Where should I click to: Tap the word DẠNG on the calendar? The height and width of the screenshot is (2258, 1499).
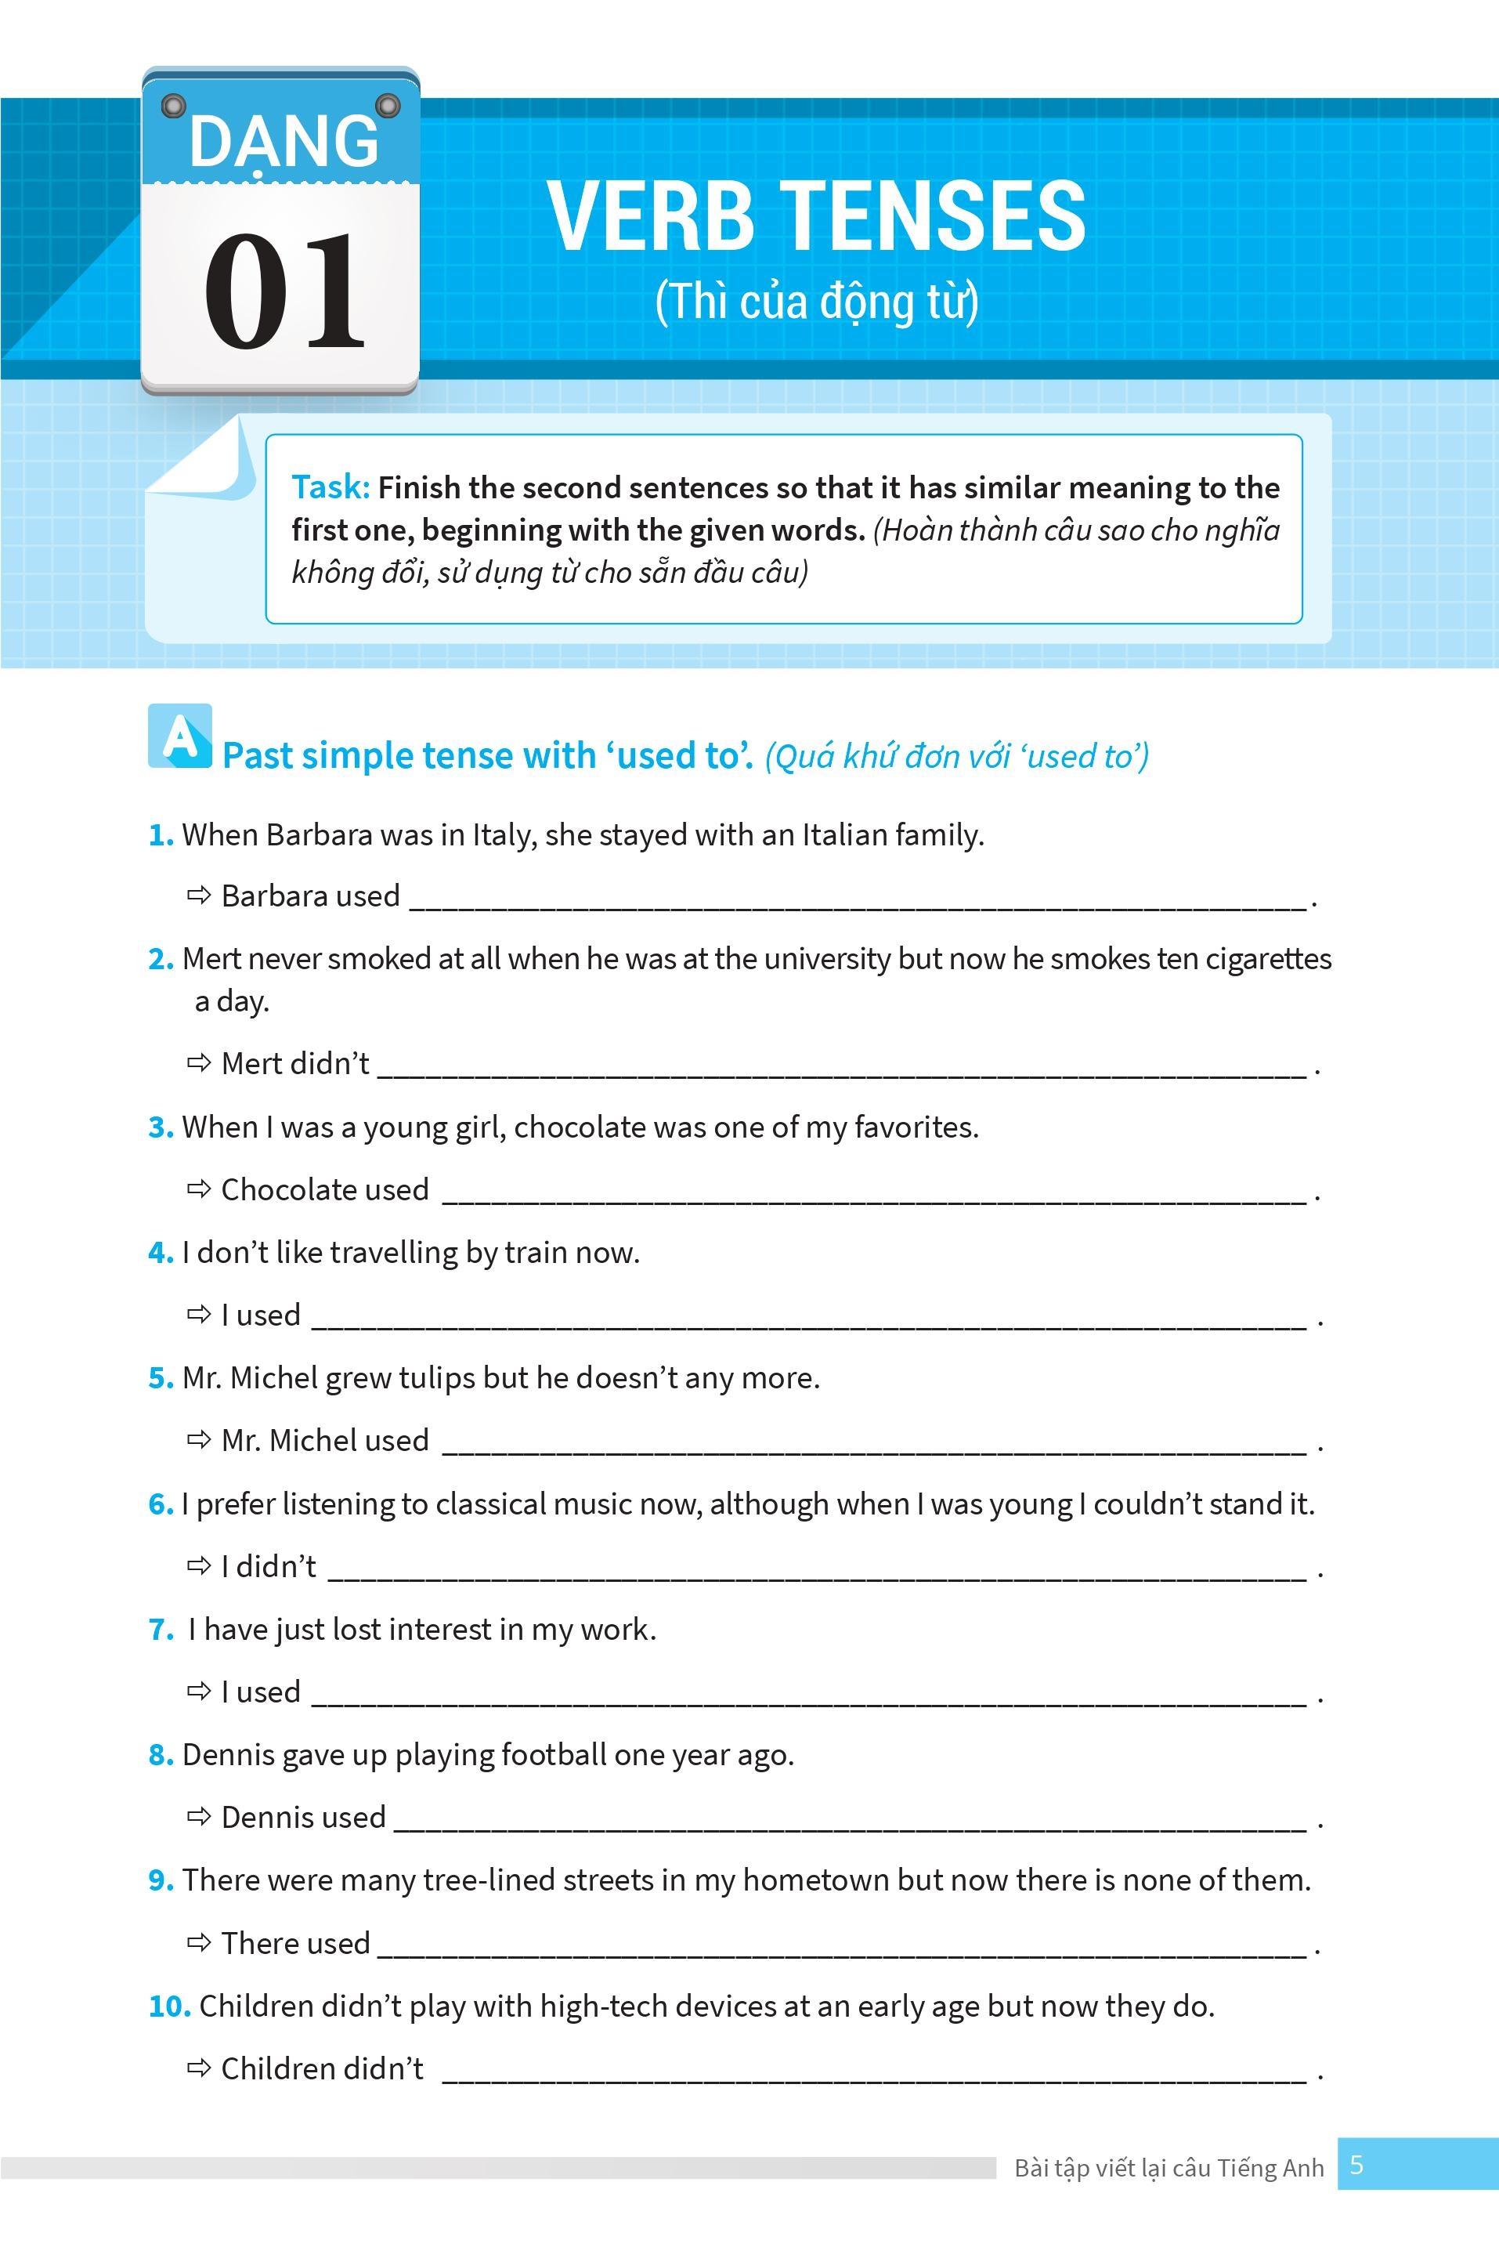tap(284, 142)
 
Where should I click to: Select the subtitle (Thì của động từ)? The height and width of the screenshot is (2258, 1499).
tap(816, 302)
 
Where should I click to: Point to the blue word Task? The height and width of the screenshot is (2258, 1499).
tap(330, 488)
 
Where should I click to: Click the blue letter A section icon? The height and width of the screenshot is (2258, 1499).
tap(179, 736)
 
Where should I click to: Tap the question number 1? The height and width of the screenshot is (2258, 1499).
tap(160, 835)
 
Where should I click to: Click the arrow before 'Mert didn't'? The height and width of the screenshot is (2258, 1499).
tap(199, 1062)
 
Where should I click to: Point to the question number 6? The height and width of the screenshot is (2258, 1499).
tap(160, 1504)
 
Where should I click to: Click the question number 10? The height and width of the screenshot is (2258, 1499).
tap(169, 2007)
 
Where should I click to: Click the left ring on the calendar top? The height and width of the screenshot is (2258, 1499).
tap(173, 104)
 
